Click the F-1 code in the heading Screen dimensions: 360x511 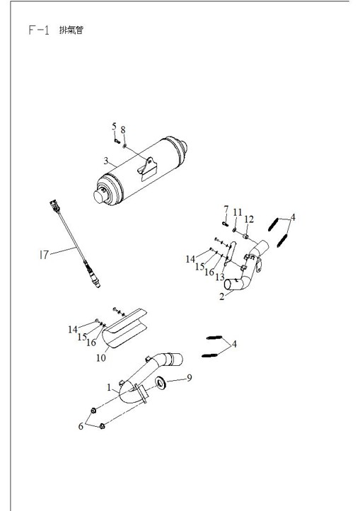click(39, 30)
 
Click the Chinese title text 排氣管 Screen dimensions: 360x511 click(71, 30)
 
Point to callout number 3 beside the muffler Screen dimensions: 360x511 click(106, 161)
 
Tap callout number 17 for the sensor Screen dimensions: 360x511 click(44, 255)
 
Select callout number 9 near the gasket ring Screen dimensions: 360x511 click(189, 378)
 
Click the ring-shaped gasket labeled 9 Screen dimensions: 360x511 click(161, 382)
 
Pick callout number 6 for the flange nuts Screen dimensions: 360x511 click(81, 426)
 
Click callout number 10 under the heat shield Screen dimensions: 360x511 click(101, 358)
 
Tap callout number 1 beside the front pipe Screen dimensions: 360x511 click(109, 387)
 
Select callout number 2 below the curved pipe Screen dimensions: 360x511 click(222, 297)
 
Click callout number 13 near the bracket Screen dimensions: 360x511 click(220, 277)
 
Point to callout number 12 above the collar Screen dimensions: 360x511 click(248, 219)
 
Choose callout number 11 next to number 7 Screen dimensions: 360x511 click(238, 212)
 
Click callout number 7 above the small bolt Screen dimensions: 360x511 click(226, 209)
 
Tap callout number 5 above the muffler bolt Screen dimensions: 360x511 click(114, 126)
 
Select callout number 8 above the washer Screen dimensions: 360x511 click(123, 130)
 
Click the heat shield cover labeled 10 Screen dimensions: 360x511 click(124, 328)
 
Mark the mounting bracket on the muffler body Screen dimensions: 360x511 click(147, 168)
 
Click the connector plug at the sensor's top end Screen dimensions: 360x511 click(54, 206)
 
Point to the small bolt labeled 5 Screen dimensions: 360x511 click(117, 141)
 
